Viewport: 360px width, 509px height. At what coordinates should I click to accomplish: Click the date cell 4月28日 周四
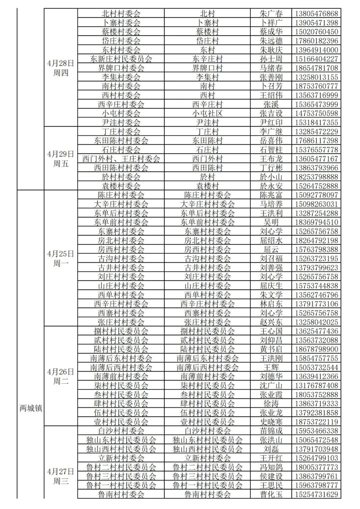click(x=60, y=68)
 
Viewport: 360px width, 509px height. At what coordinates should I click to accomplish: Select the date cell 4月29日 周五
click(x=60, y=159)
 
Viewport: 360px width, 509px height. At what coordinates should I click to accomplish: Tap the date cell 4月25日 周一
click(x=60, y=258)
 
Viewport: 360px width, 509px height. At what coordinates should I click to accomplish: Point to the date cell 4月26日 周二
click(x=60, y=376)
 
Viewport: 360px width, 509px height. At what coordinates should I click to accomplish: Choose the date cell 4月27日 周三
click(x=60, y=476)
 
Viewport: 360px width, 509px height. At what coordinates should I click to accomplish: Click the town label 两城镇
click(x=31, y=408)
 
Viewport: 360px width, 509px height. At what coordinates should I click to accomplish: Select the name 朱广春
click(x=271, y=14)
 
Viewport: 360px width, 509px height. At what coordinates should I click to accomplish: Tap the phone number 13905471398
click(x=316, y=23)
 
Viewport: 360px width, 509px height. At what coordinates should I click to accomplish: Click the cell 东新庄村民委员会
click(x=121, y=59)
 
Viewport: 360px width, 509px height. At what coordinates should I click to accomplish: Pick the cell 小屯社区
click(x=207, y=113)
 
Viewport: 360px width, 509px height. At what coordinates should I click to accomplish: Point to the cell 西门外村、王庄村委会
click(x=121, y=159)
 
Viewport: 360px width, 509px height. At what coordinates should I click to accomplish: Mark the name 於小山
click(x=271, y=177)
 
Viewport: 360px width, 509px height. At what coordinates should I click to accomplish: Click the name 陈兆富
click(x=271, y=195)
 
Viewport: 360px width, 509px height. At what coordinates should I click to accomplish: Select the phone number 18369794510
click(x=316, y=222)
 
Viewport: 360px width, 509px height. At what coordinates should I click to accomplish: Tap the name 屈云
click(x=271, y=249)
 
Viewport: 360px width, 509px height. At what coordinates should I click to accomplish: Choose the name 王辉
click(x=271, y=367)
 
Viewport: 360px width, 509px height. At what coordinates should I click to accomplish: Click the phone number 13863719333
click(x=316, y=404)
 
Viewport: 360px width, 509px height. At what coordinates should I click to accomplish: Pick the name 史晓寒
click(x=271, y=422)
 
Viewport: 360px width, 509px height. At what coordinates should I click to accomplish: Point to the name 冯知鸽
click(x=271, y=467)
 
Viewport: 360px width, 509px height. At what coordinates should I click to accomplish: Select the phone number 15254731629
click(x=316, y=494)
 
